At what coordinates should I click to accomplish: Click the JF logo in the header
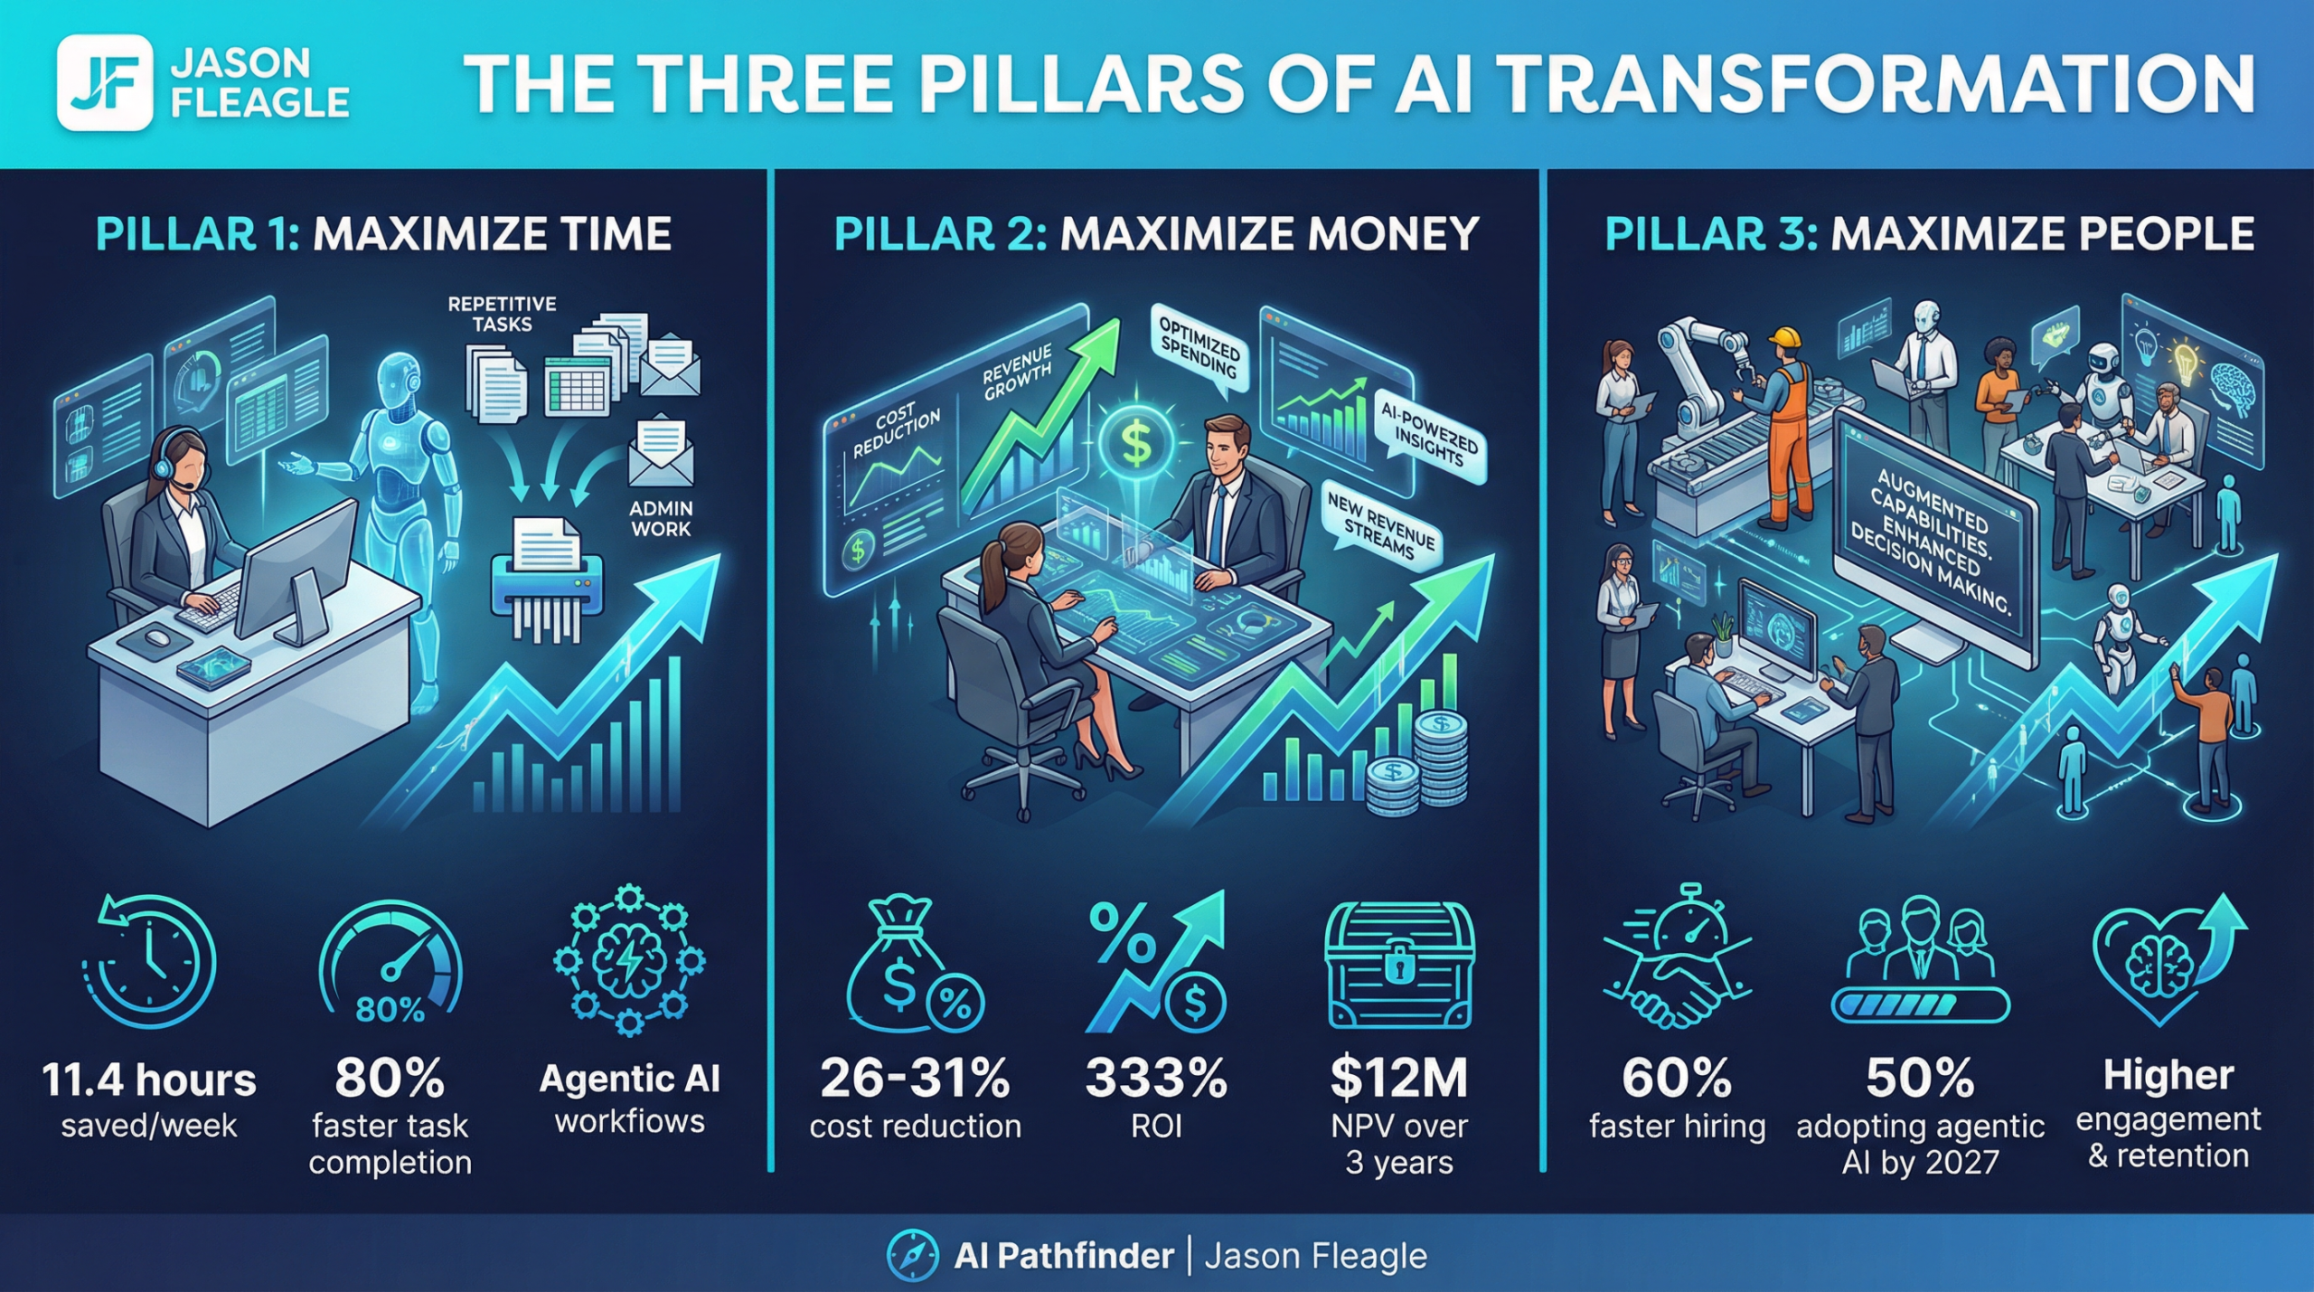tap(104, 82)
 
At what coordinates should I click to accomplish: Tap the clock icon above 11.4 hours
tap(150, 964)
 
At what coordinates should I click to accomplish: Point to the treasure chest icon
tap(1398, 967)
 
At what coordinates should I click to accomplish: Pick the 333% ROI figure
tap(1156, 1078)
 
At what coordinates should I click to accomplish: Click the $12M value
tap(1398, 1078)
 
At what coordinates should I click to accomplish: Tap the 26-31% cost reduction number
tap(915, 1078)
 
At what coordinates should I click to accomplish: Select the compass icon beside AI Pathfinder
tap(912, 1255)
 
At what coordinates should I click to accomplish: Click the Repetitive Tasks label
tap(502, 314)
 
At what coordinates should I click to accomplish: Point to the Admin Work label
tap(661, 519)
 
